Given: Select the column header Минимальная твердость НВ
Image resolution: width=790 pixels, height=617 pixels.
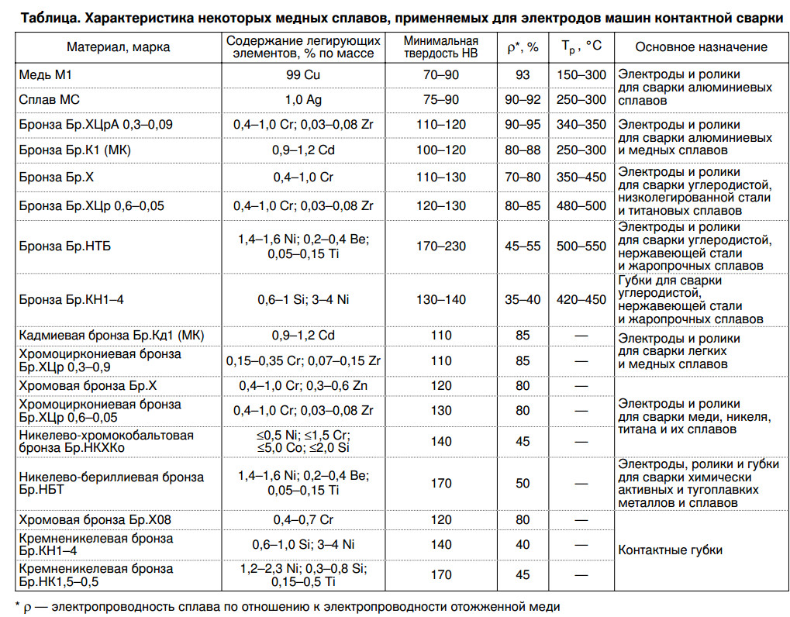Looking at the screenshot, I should [441, 47].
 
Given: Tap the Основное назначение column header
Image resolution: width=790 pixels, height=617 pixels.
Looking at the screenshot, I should [701, 47].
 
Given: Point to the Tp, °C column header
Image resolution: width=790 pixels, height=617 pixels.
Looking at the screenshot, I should [581, 47].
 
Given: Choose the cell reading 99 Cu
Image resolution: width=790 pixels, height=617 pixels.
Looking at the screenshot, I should [304, 74].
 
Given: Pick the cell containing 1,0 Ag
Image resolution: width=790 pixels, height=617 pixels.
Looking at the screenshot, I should [304, 100].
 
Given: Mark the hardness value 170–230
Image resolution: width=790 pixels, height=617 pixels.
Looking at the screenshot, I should [441, 246].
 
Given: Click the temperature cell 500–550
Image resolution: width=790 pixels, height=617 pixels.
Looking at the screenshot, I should [581, 246].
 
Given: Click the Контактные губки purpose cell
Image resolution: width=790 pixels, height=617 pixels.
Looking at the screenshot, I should [670, 550].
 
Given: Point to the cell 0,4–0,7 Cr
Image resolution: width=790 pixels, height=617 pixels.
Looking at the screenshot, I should [304, 519].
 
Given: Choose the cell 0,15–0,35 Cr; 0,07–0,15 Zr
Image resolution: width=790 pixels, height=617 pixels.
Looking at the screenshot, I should [304, 360].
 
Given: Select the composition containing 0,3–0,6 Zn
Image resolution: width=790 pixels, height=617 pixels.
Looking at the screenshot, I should [304, 385].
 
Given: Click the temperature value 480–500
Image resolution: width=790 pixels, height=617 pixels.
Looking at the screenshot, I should [581, 205].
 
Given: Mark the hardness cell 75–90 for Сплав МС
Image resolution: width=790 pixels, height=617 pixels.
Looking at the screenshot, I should [441, 100].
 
